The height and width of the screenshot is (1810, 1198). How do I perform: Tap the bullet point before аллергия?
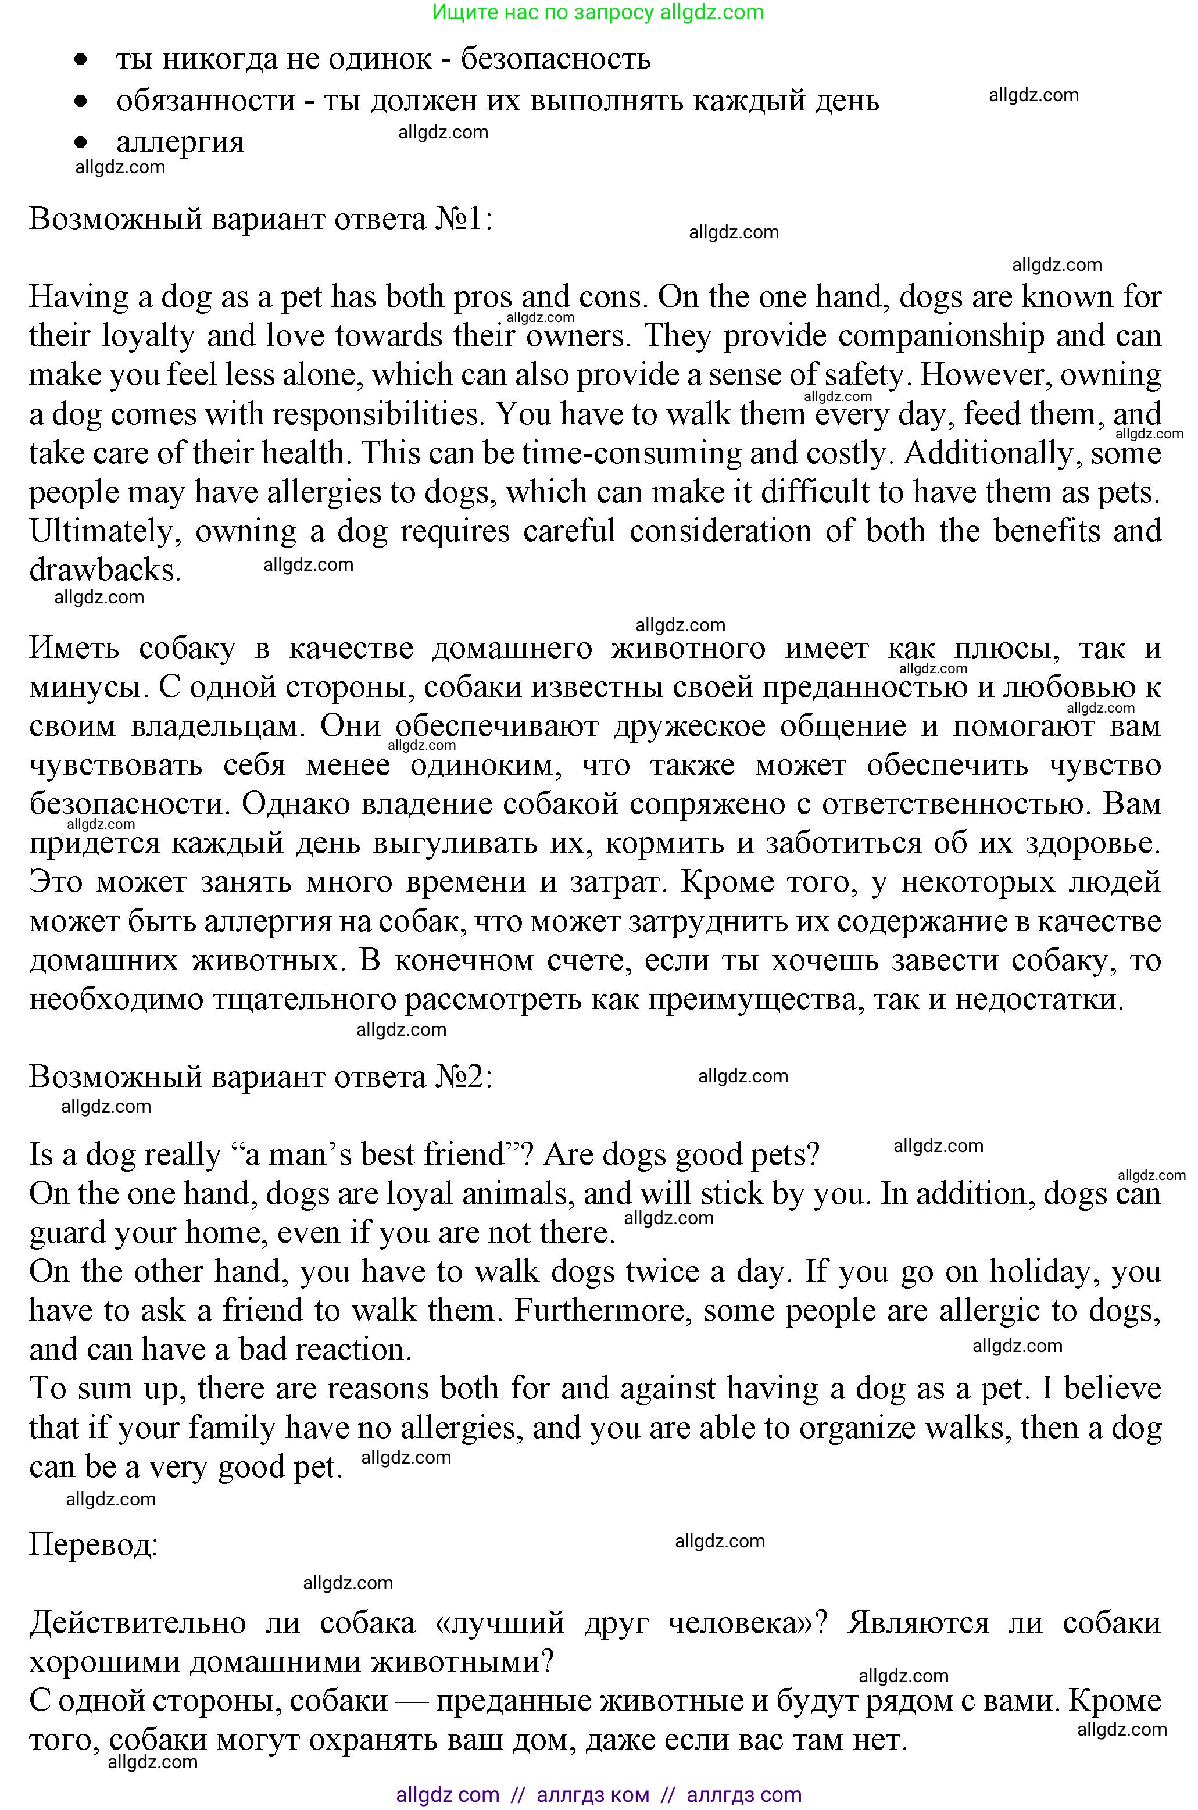pyautogui.click(x=81, y=142)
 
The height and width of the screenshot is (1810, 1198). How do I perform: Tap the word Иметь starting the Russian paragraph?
pyautogui.click(x=74, y=649)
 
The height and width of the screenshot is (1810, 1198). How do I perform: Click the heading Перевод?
pyautogui.click(x=93, y=1546)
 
